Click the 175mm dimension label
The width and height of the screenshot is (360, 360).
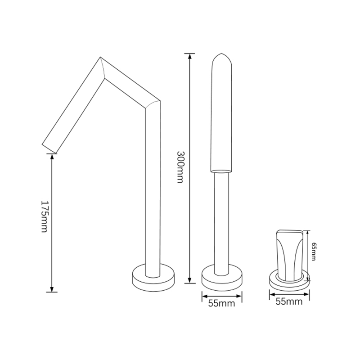coord(45,216)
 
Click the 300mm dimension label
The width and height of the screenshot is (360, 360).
coord(180,167)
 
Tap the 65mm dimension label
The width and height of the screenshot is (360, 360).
coord(314,252)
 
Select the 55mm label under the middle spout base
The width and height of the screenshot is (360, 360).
coord(221,303)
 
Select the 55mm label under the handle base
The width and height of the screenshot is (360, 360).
coord(289,301)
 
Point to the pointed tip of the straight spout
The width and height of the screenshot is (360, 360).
coord(221,53)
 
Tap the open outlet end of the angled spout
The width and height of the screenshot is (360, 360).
coord(49,149)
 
